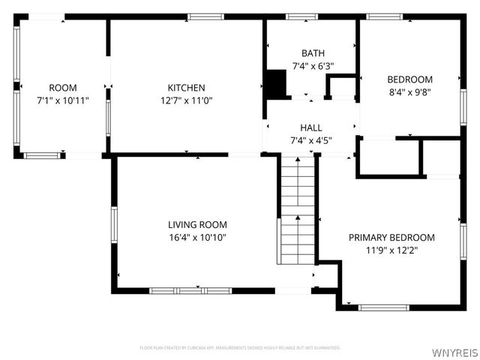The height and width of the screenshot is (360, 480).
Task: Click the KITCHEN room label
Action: tap(186, 88)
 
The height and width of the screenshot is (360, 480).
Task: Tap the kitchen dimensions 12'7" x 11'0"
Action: tap(186, 100)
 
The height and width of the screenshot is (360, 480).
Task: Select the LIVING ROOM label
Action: tap(197, 224)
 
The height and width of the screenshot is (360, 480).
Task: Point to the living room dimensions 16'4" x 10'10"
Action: tap(197, 237)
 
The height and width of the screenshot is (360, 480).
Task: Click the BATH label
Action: tap(313, 53)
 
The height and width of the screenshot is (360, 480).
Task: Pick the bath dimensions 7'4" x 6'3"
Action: tap(313, 66)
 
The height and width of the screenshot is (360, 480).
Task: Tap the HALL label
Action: tap(311, 127)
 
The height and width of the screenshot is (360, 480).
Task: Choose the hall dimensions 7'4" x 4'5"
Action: tap(311, 140)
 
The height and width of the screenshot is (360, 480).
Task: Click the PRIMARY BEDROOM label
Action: tap(391, 237)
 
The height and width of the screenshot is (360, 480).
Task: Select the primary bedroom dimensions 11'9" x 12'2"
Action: tap(391, 250)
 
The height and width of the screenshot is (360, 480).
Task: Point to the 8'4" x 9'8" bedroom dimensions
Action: tap(409, 92)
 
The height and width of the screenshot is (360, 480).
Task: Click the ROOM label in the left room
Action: tap(63, 88)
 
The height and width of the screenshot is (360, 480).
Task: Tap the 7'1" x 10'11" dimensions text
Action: tap(63, 100)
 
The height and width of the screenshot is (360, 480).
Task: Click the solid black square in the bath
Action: tap(277, 83)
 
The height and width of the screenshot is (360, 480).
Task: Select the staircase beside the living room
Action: tap(298, 210)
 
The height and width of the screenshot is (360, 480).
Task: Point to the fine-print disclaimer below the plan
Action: tap(240, 348)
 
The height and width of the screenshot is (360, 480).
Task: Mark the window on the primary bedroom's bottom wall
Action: tap(383, 307)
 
